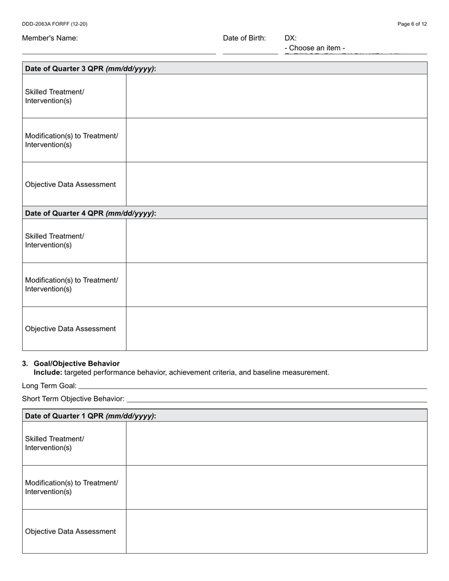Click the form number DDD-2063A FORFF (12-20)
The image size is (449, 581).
pos(54,24)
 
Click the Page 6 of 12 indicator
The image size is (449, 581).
pos(412,24)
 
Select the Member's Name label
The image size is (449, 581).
pos(50,38)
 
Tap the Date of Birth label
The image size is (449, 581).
pos(244,38)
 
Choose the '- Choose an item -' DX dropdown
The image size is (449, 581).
pos(315,48)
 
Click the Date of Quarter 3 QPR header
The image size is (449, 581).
pos(90,68)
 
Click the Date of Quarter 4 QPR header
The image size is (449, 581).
pos(90,213)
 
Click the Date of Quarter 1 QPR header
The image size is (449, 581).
pos(90,416)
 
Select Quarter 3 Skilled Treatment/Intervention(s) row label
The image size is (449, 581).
pos(54,96)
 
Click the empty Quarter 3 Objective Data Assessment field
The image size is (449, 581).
pos(276,184)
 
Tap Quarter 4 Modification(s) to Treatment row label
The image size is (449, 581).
pos(71,284)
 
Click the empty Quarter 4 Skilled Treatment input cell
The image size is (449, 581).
pos(276,240)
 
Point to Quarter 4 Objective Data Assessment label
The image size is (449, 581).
pos(70,329)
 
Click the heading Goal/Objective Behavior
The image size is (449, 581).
pos(77,364)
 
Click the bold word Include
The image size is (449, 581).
pos(47,372)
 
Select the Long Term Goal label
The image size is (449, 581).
pos(49,386)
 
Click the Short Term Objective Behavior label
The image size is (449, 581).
pos(73,399)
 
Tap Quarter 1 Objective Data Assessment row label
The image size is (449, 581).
pos(70,531)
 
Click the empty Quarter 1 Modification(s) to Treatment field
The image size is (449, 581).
pos(276,487)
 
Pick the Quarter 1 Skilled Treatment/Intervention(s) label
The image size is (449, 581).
pos(54,443)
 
